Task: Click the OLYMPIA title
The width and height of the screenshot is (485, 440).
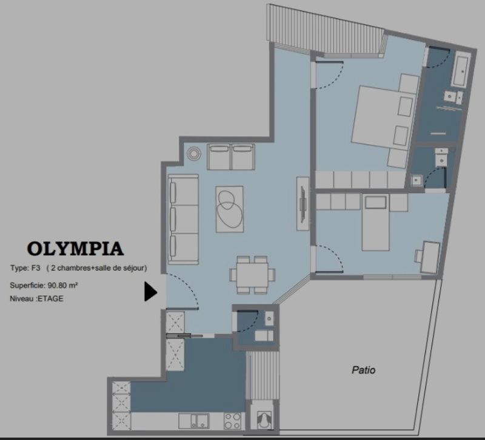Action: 75,249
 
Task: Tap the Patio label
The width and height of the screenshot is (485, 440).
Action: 363,370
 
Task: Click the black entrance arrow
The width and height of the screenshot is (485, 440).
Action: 150,292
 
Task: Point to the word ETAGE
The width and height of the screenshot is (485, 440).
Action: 50,298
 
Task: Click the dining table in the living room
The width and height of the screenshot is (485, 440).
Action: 252,275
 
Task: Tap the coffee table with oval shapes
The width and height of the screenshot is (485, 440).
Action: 229,209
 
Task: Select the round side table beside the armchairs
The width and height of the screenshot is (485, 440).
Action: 193,153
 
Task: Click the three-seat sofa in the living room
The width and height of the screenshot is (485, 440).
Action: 183,220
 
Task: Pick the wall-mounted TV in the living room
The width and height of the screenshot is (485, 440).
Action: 303,204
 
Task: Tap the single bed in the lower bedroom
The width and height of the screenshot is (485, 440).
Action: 375,222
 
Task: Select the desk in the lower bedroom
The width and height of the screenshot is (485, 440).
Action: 430,257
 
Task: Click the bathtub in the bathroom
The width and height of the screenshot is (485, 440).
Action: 461,71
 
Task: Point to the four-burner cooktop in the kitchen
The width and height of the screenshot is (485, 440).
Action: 232,421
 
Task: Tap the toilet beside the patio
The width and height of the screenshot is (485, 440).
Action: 264,420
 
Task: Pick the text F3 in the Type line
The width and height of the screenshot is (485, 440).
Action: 36,268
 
